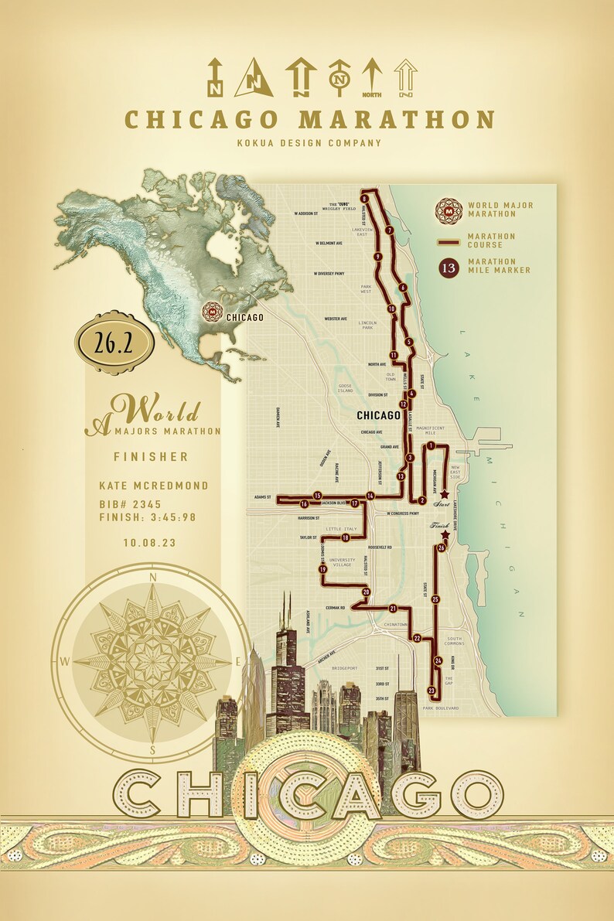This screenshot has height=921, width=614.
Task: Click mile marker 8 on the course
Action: click(363, 198)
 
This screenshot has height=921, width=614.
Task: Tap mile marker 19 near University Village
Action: click(322, 569)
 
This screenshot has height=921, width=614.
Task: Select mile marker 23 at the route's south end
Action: click(432, 690)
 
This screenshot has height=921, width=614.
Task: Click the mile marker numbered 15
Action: click(317, 495)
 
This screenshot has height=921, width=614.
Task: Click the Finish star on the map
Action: click(445, 534)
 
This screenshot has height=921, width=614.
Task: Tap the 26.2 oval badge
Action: click(114, 343)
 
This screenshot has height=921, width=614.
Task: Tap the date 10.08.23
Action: click(148, 543)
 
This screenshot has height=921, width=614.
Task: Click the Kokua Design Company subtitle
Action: click(309, 142)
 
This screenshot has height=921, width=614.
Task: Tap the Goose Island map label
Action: click(345, 388)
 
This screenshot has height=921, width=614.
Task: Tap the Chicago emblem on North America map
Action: click(211, 312)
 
